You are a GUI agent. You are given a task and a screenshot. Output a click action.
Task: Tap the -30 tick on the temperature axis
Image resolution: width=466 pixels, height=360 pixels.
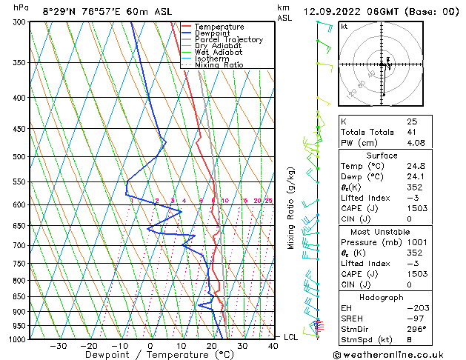coord(58,345)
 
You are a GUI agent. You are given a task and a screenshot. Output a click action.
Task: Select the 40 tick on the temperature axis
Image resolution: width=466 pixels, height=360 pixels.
coord(273,345)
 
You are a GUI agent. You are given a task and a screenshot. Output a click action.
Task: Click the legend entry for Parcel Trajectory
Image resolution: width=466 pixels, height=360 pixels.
coord(228,39)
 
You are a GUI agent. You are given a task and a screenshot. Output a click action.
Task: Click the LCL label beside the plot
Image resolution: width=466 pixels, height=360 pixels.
coord(292,337)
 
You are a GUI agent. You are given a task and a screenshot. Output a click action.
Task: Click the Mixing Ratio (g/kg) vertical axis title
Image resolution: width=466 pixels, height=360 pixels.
coord(292,208)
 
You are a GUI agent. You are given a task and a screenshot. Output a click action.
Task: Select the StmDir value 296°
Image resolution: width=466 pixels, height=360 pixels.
coord(417,329)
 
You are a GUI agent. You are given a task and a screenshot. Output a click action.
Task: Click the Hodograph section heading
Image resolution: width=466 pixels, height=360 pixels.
coord(382,296)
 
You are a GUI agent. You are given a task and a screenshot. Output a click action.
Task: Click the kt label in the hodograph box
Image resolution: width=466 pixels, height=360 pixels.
coord(344,26)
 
